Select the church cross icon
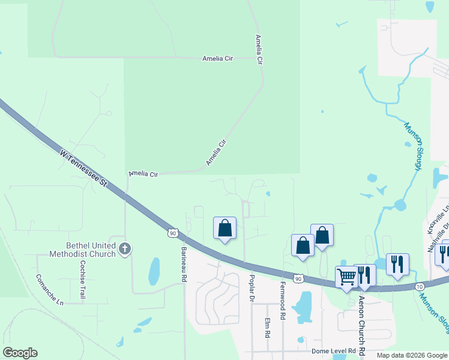click(x=125, y=248)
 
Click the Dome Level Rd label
click(x=334, y=351)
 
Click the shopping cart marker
click(x=346, y=277)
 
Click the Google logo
click(x=20, y=353)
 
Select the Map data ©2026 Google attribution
click(x=411, y=355)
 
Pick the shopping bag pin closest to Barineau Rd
click(x=225, y=228)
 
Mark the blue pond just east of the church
click(x=154, y=271)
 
